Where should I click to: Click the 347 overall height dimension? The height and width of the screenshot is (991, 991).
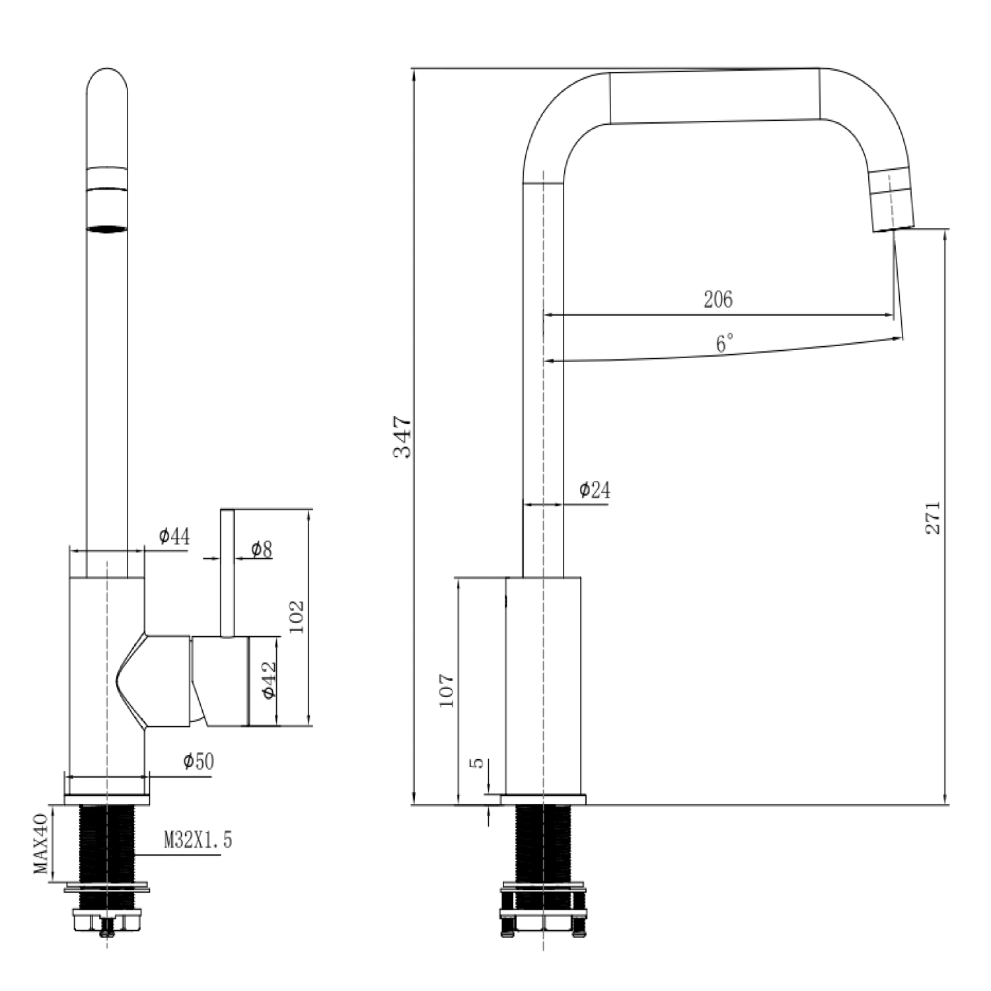click(x=402, y=437)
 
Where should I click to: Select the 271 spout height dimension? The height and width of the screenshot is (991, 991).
click(x=932, y=517)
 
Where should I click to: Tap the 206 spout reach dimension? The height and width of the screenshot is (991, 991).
click(x=718, y=299)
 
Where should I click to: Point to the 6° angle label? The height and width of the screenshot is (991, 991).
click(x=725, y=343)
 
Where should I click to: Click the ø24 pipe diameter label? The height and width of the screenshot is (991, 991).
click(x=595, y=490)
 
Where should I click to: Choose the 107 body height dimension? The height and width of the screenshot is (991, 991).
click(x=447, y=690)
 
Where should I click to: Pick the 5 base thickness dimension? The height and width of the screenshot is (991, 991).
click(x=476, y=763)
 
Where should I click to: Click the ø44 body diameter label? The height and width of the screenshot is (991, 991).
click(x=174, y=536)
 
